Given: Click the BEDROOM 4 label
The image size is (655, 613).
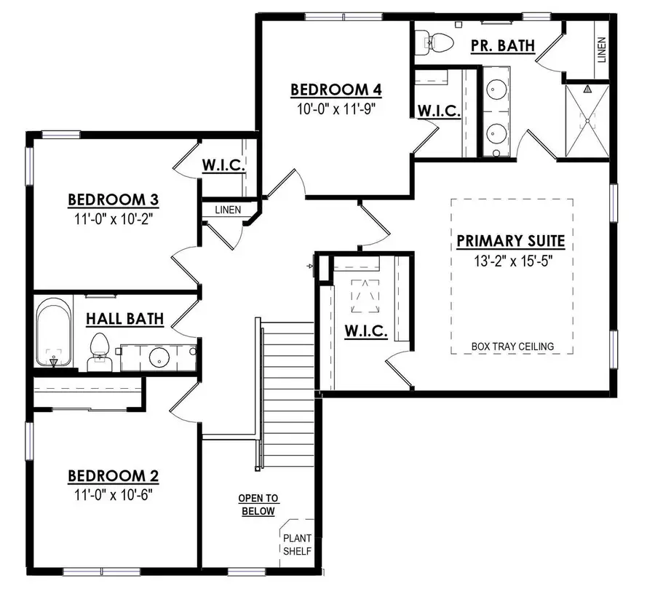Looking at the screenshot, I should point(336,90).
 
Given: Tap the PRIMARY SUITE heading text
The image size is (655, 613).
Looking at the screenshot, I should point(511,241).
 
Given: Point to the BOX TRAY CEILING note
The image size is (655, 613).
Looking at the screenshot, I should point(512,347).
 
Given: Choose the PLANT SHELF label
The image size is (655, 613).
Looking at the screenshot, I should point(297,545).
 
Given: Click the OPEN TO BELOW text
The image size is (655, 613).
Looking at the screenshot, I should point(258,505).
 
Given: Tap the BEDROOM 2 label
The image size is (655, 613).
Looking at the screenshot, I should point(113,476).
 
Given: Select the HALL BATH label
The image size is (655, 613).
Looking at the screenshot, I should point(124,318).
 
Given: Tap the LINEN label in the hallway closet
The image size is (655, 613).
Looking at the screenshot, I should point(227,210).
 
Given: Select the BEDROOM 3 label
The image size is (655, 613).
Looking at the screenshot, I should point(113,199).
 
